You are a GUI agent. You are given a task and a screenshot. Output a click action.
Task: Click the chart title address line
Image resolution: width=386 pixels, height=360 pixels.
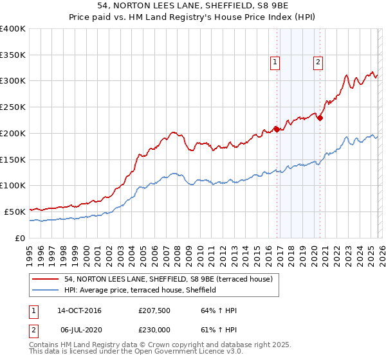[x=192, y=6]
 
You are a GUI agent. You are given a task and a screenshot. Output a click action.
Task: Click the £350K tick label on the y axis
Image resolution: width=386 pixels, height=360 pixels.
[x=13, y=55]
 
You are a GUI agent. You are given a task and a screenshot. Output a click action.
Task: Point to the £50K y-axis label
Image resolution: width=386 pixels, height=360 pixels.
[x=15, y=212]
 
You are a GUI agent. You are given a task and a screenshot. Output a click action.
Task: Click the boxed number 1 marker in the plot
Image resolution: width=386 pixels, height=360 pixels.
[x=275, y=62]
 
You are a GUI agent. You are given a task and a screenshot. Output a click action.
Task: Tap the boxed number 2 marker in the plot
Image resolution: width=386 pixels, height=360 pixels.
[x=318, y=62]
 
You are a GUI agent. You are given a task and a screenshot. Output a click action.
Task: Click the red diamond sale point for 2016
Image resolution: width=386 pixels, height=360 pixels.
[x=277, y=129]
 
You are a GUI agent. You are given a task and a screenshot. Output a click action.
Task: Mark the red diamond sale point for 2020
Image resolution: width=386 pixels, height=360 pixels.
[x=320, y=118]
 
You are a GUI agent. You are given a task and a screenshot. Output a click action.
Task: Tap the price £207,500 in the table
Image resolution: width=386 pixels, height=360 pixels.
[x=154, y=310]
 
